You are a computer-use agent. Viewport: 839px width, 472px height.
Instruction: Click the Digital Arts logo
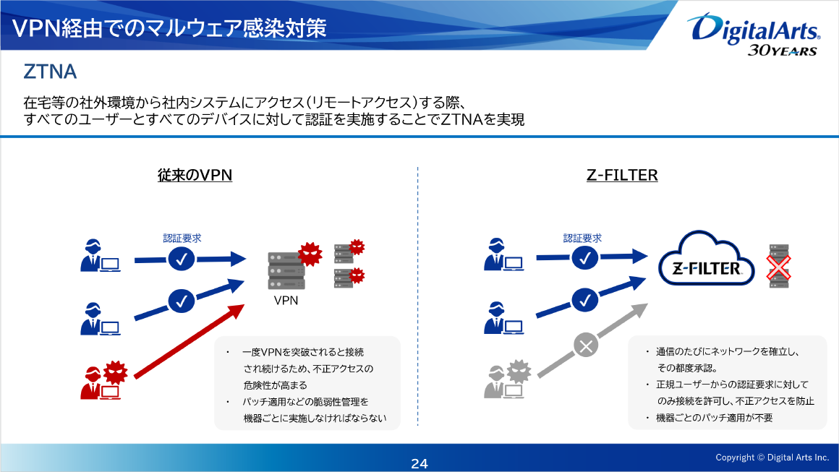[x=756, y=33]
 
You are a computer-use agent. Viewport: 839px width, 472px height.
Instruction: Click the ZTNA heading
[x=50, y=72]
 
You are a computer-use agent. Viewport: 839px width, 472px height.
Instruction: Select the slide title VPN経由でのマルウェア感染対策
[x=169, y=27]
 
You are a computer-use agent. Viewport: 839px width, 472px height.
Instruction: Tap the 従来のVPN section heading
[x=195, y=175]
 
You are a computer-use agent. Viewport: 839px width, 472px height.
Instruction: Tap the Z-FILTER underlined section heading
[x=622, y=175]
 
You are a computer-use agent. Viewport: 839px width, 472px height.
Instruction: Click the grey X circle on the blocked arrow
[x=586, y=346]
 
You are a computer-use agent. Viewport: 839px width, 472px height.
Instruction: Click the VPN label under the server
[x=286, y=300]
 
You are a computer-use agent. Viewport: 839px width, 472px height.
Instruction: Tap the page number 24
[x=419, y=463]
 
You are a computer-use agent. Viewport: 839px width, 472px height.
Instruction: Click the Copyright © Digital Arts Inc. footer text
[x=772, y=457]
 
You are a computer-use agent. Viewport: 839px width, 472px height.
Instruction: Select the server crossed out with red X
[x=779, y=267]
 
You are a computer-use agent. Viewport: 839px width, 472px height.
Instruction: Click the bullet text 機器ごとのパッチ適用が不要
[x=715, y=418]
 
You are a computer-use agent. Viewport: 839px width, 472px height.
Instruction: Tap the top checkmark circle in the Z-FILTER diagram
[x=586, y=257]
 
